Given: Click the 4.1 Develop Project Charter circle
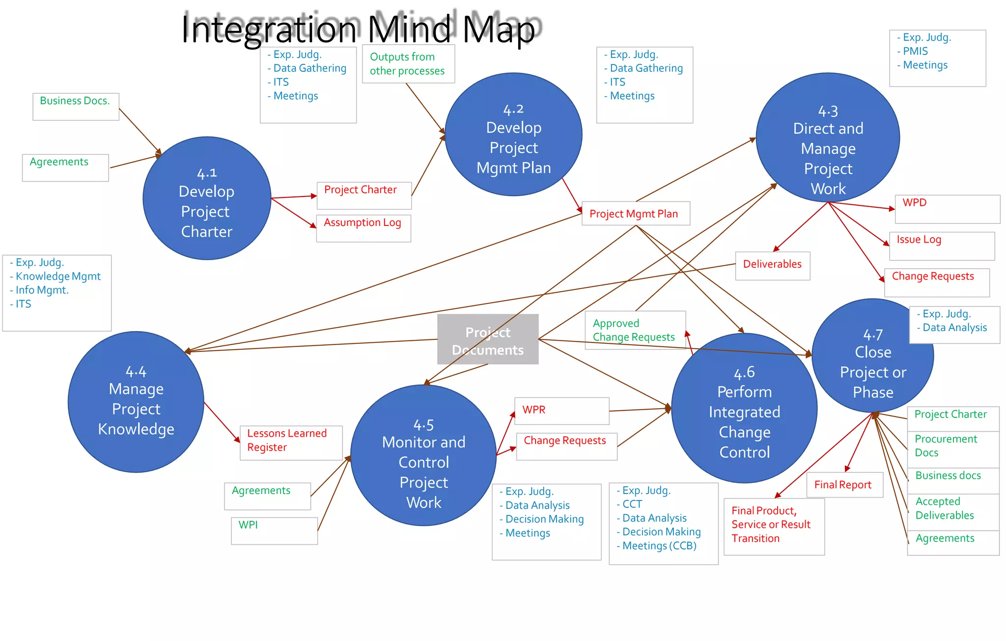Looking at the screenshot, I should click(207, 198).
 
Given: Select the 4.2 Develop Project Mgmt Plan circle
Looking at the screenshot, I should click(513, 135).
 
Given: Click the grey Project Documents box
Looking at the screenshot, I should click(488, 339).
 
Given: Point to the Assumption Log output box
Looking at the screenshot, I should click(363, 228).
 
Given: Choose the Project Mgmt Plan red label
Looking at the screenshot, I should click(634, 214).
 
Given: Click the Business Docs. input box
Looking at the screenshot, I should click(76, 106).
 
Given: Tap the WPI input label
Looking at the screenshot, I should click(248, 525).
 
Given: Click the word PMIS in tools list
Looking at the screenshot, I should click(915, 51).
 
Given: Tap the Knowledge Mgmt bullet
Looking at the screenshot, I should click(58, 276).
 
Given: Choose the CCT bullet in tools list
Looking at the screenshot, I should click(632, 504).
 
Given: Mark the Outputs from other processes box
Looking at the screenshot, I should click(408, 64).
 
